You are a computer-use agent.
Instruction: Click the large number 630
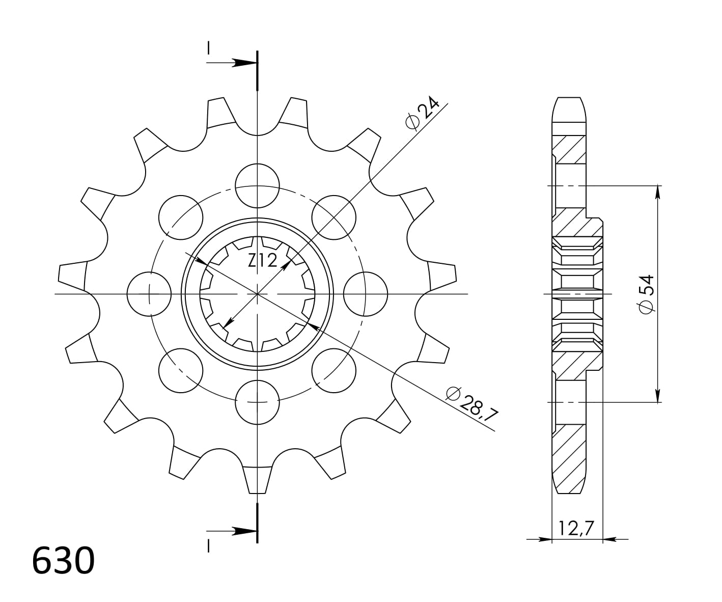(63, 561)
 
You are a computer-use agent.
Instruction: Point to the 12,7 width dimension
(577, 528)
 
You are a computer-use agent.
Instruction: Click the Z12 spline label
(262, 261)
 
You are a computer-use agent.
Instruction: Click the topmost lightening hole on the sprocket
(258, 186)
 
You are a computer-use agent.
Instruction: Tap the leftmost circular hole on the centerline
(149, 294)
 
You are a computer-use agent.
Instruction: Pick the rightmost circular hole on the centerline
(366, 294)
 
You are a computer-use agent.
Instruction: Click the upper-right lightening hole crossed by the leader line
(334, 217)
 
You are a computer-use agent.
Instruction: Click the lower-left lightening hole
(181, 370)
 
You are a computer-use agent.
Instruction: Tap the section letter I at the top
(208, 48)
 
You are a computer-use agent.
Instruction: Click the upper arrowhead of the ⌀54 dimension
(658, 191)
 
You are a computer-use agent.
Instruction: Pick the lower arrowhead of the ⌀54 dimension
(658, 396)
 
